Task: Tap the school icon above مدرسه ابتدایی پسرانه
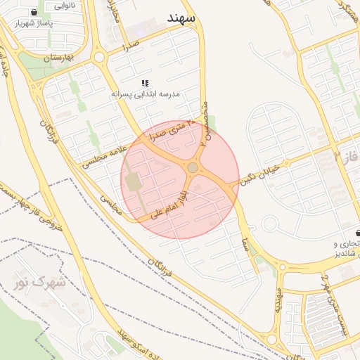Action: point(145,83)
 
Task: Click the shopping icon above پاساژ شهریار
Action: point(35,13)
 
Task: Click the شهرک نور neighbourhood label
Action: point(39,283)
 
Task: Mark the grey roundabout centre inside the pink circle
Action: point(192,167)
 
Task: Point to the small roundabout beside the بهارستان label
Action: point(99,58)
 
